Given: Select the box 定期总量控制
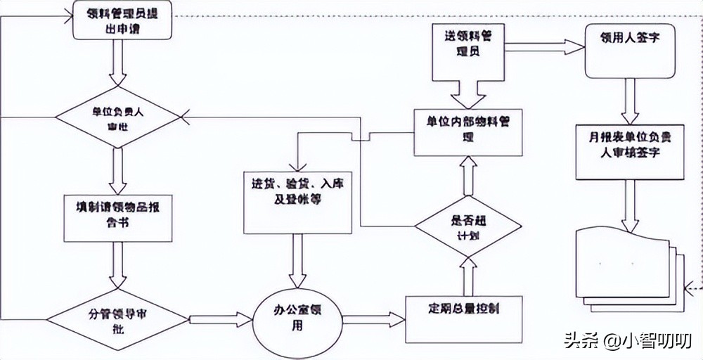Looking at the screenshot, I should click(464, 316).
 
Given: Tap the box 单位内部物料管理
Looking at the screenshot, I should click(468, 131).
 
